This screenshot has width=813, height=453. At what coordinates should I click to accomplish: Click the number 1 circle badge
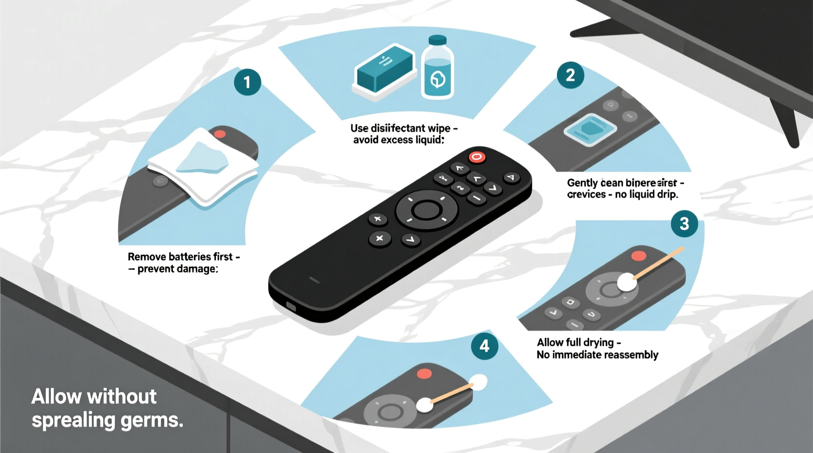[247, 82]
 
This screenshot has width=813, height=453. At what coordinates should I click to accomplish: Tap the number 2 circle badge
[570, 75]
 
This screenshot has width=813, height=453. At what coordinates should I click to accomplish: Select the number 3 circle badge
[684, 224]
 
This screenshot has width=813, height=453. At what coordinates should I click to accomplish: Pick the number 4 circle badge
[484, 346]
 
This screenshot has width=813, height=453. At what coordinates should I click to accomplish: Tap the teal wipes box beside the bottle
[385, 69]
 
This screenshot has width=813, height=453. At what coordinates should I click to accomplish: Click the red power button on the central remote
[477, 157]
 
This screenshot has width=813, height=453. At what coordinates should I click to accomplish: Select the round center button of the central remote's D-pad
[426, 210]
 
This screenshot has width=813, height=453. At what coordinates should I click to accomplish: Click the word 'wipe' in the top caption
[439, 128]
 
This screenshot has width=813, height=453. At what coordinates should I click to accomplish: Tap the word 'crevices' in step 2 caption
[586, 194]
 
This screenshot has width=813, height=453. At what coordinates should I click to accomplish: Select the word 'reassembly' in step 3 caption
[631, 355]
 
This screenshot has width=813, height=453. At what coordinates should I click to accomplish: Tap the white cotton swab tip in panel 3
[627, 282]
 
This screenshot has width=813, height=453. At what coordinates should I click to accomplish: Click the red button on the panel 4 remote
[424, 373]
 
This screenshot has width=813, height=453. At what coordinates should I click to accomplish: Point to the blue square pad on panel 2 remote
[590, 129]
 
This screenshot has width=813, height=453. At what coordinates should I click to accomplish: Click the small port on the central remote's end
[291, 307]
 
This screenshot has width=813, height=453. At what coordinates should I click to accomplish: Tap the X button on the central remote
[379, 238]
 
